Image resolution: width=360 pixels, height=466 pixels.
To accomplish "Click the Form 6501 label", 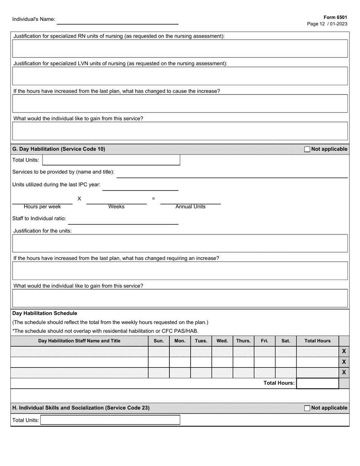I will (335, 17).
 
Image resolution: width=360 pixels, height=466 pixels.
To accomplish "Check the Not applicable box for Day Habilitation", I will (307, 149).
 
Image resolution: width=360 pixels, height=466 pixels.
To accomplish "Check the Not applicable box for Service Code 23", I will (307, 408).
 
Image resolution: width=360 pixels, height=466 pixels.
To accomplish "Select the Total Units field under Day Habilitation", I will (111, 160).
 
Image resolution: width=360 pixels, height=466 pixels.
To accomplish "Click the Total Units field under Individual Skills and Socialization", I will (110, 420).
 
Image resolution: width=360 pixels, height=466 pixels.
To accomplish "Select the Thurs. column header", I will (243, 341).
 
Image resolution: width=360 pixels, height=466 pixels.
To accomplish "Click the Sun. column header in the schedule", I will (158, 341).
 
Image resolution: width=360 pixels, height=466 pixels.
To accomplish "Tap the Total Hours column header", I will (317, 341).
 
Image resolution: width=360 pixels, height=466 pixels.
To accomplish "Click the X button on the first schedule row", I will (344, 351).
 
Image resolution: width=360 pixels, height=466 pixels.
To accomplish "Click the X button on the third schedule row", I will (344, 372).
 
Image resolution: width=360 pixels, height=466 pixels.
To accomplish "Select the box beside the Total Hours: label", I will (317, 383).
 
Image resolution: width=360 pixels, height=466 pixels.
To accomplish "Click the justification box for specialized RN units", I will (180, 48).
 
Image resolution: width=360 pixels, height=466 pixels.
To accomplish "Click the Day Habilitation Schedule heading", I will (45, 313).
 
